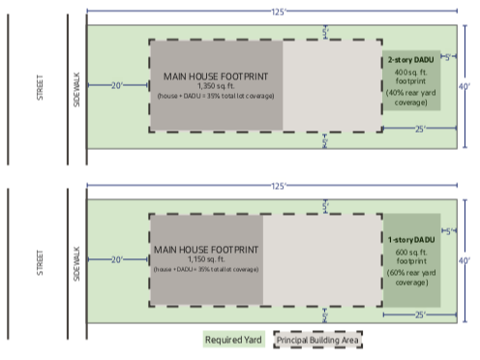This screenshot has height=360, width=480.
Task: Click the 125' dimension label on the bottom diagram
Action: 278,185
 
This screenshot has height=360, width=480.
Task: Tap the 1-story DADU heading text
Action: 411,239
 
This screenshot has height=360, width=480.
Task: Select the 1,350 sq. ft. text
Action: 216,85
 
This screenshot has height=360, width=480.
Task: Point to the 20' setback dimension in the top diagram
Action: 117,85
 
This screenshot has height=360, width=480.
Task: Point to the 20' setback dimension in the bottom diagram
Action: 117,259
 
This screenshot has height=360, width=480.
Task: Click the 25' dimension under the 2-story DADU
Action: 419,129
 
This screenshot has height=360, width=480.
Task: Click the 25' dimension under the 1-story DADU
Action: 419,315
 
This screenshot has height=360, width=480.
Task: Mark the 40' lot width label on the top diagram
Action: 464,86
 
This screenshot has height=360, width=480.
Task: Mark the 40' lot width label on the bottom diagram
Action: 464,260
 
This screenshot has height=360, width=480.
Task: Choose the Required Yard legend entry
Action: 233,340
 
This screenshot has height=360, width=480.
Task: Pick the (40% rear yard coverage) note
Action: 411,97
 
